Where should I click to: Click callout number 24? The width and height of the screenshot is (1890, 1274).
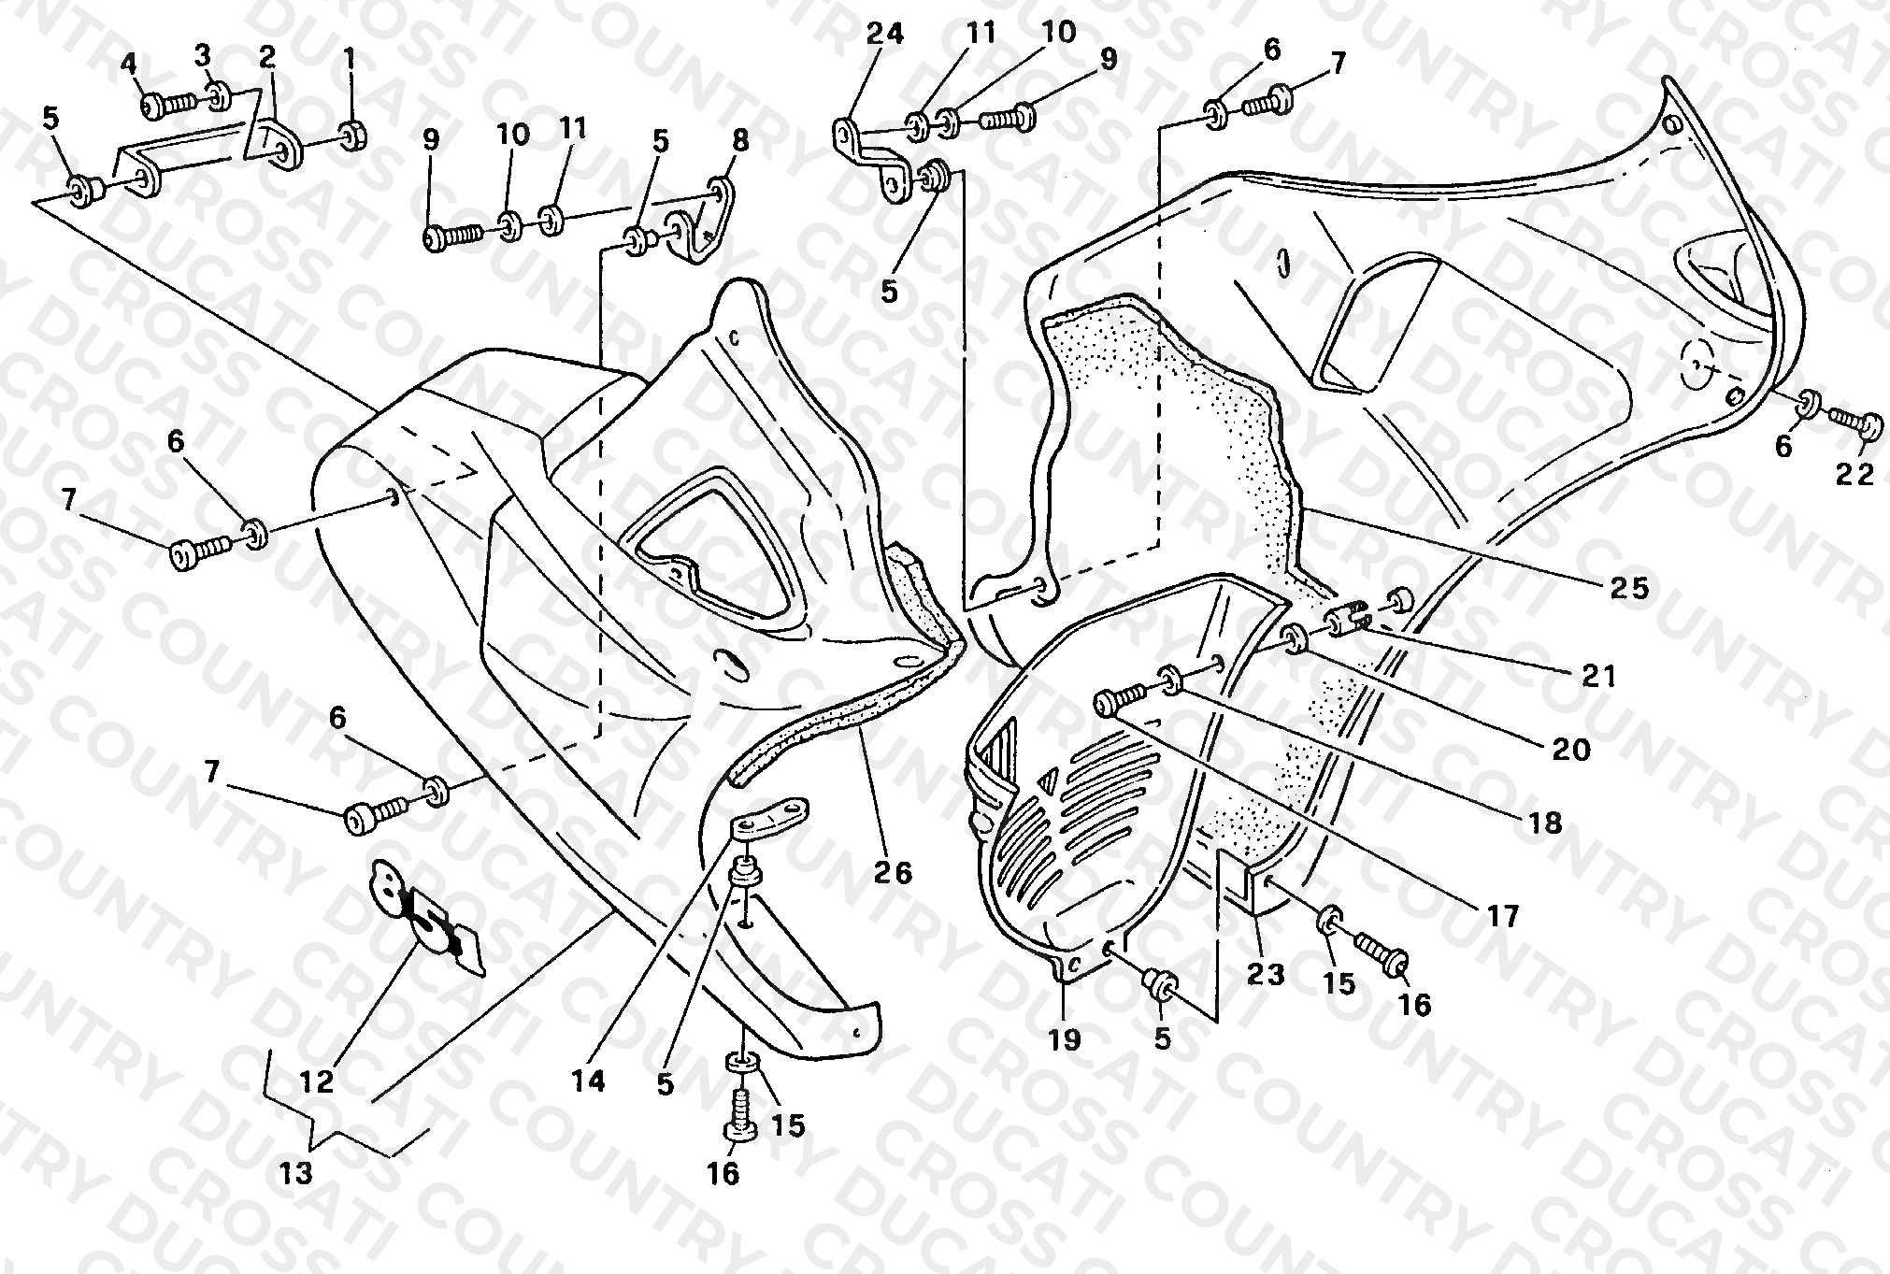(x=884, y=35)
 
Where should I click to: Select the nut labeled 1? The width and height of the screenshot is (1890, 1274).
(x=351, y=136)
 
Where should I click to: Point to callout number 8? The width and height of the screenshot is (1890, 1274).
(x=739, y=141)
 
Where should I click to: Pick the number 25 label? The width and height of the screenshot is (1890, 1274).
(x=1629, y=587)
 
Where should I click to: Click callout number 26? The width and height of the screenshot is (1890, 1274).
(x=893, y=873)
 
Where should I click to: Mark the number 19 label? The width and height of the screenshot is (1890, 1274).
(x=1065, y=1038)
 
